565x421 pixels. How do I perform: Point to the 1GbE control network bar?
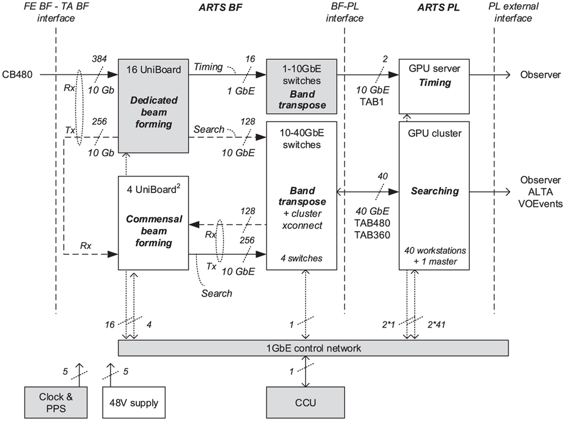coord(313,348)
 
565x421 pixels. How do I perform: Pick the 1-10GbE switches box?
coord(301,86)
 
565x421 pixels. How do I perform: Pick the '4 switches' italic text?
coord(301,258)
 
